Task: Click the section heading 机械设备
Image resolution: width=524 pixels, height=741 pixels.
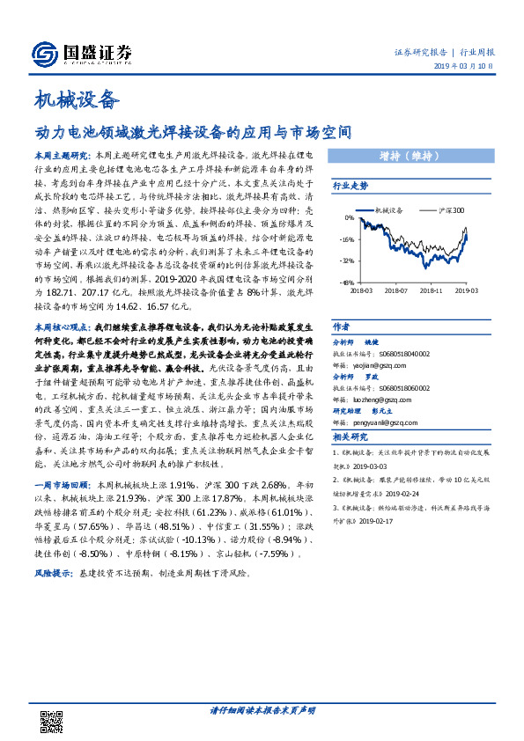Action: click(75, 99)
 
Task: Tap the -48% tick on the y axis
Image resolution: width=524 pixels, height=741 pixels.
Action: click(349, 282)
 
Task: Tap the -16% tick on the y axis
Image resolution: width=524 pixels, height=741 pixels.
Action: click(349, 238)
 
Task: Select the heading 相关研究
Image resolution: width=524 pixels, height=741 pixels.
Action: click(350, 437)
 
